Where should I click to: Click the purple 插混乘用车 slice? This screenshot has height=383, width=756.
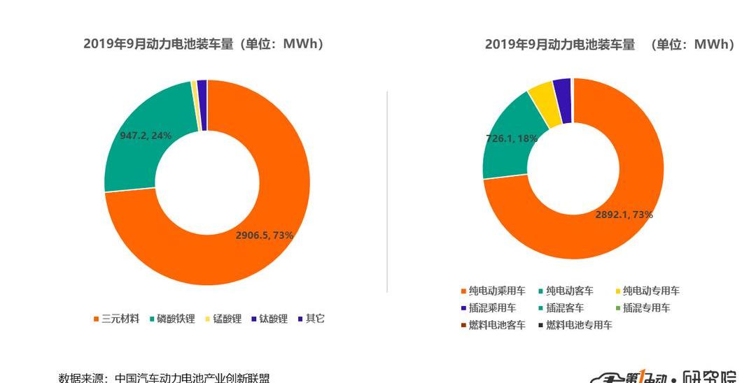pos(562,100)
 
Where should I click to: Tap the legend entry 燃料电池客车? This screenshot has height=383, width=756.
pos(497,325)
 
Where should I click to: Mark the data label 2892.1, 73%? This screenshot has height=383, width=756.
pos(624,215)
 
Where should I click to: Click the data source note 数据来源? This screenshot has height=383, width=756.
pos(164,377)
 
